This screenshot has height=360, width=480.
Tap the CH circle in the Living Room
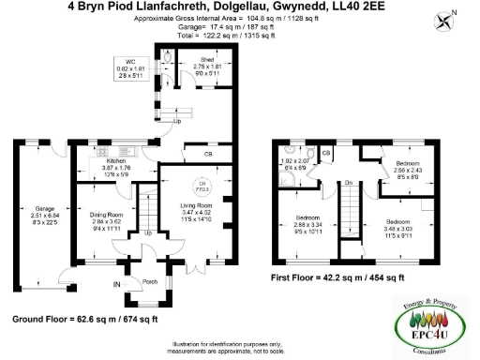pyautogui.click(x=200, y=185)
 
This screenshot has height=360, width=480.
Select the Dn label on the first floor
pyautogui.click(x=348, y=183)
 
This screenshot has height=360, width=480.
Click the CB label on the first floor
pyautogui.click(x=326, y=152)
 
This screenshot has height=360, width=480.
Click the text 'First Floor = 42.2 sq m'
pyautogui.click(x=314, y=278)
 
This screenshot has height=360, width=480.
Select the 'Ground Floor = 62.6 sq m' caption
pyautogui.click(x=58, y=320)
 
